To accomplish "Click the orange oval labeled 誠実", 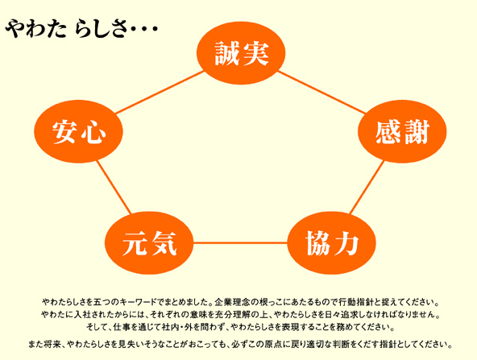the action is (241, 53).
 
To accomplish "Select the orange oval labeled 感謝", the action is (402, 131).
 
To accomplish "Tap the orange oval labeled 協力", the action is (332, 243).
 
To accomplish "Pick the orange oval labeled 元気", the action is (149, 243).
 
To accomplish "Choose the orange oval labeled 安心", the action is (78, 131).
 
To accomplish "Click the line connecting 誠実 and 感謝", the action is (321, 92).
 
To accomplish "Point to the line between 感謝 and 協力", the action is (367, 187).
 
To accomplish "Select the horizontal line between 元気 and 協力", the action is (240, 243).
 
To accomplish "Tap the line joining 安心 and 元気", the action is (114, 187).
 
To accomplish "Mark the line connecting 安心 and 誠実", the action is (160, 92).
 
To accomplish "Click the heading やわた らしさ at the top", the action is (81, 29).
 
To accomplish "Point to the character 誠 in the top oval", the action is (227, 53).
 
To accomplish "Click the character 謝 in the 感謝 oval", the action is (416, 132).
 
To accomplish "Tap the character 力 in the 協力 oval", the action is (346, 243).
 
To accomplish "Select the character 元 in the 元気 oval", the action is (135, 243).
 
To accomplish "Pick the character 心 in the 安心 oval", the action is (93, 132).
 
